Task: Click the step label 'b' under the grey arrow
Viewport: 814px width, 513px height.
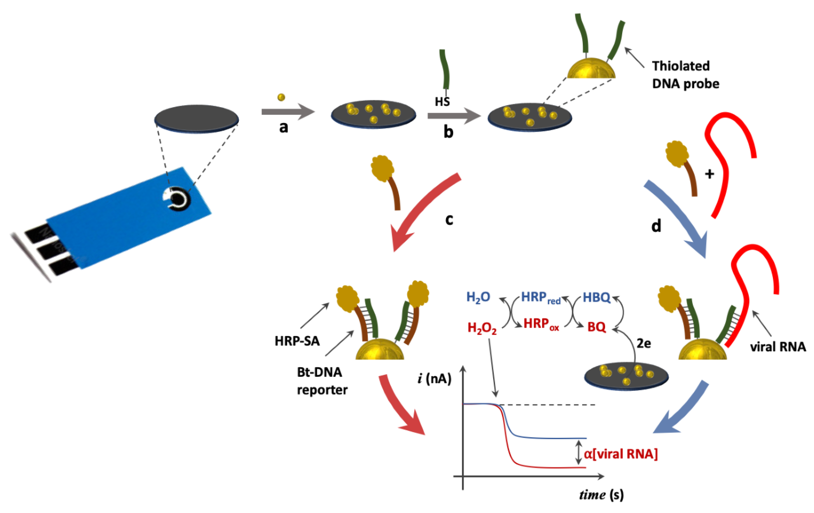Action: tap(448, 132)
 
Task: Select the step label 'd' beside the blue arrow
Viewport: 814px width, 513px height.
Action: tap(656, 226)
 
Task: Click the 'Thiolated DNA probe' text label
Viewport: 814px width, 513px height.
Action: tap(685, 75)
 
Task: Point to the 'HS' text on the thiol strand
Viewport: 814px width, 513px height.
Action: tap(442, 101)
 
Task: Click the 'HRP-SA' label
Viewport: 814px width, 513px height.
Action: tap(297, 341)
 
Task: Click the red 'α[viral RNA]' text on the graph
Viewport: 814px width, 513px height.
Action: tap(621, 454)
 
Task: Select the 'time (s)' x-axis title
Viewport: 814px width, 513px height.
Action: tap(601, 495)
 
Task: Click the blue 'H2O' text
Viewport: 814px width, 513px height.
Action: tap(478, 297)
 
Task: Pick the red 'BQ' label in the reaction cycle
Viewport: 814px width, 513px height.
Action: tap(597, 327)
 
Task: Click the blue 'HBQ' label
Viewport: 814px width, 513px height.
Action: tap(597, 297)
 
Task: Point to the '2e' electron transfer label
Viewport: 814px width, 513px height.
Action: tap(644, 343)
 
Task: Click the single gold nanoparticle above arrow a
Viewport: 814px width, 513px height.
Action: tap(281, 97)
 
